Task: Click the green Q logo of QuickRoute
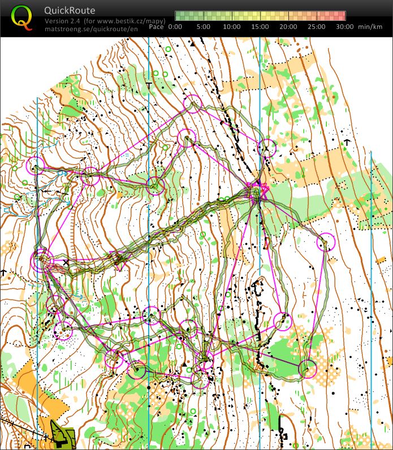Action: (x=21, y=18)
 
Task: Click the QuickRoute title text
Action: (x=70, y=10)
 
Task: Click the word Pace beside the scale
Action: (x=157, y=27)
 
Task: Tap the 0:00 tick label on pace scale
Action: (x=175, y=27)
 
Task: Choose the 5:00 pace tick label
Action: (x=204, y=27)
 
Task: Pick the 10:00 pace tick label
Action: (x=232, y=27)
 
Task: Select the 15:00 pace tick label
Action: (x=260, y=27)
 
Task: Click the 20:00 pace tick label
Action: (x=288, y=27)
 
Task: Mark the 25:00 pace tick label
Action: (x=317, y=27)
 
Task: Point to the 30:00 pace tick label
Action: (x=344, y=27)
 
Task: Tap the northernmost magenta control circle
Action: (x=193, y=103)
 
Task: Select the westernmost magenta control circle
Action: (x=35, y=166)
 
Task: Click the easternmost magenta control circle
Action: (x=326, y=242)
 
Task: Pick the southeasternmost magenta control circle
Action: (x=307, y=369)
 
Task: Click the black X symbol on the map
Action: (x=66, y=262)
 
